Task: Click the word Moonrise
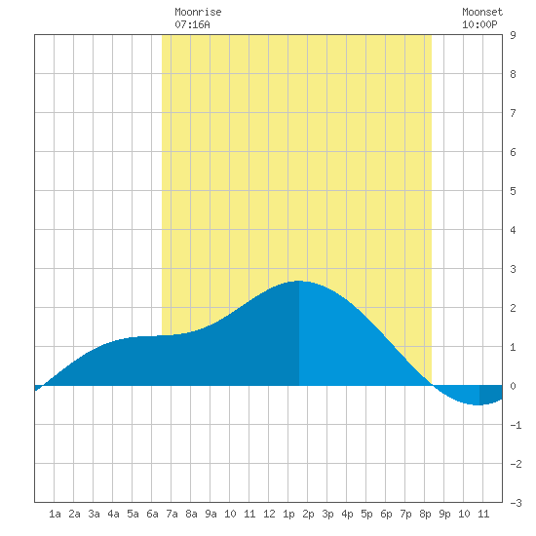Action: [x=198, y=12]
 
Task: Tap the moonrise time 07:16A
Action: [x=192, y=24]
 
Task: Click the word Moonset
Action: [x=482, y=12]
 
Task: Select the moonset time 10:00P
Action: [x=479, y=24]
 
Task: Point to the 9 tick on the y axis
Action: [x=513, y=35]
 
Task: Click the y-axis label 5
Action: [x=513, y=191]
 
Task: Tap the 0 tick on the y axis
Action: [x=513, y=386]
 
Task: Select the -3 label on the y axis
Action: [x=516, y=503]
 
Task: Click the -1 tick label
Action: [x=516, y=425]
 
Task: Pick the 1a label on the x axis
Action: [x=55, y=514]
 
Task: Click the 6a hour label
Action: [x=152, y=514]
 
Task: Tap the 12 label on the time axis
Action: [x=269, y=514]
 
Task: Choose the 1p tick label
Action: [x=288, y=514]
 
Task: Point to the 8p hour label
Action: [x=425, y=514]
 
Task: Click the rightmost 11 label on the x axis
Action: [x=483, y=514]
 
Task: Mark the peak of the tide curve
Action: [x=299, y=281]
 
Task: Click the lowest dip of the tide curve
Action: [x=479, y=405]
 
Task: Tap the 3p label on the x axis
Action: [x=327, y=514]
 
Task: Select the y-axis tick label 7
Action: [x=513, y=113]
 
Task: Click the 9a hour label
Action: [x=211, y=514]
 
